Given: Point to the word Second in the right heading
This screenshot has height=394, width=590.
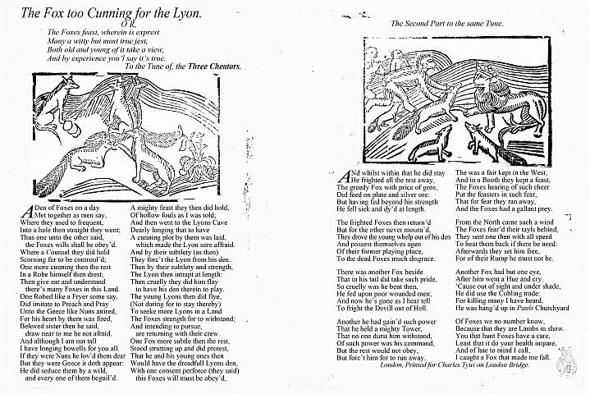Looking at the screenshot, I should click(x=422, y=24).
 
